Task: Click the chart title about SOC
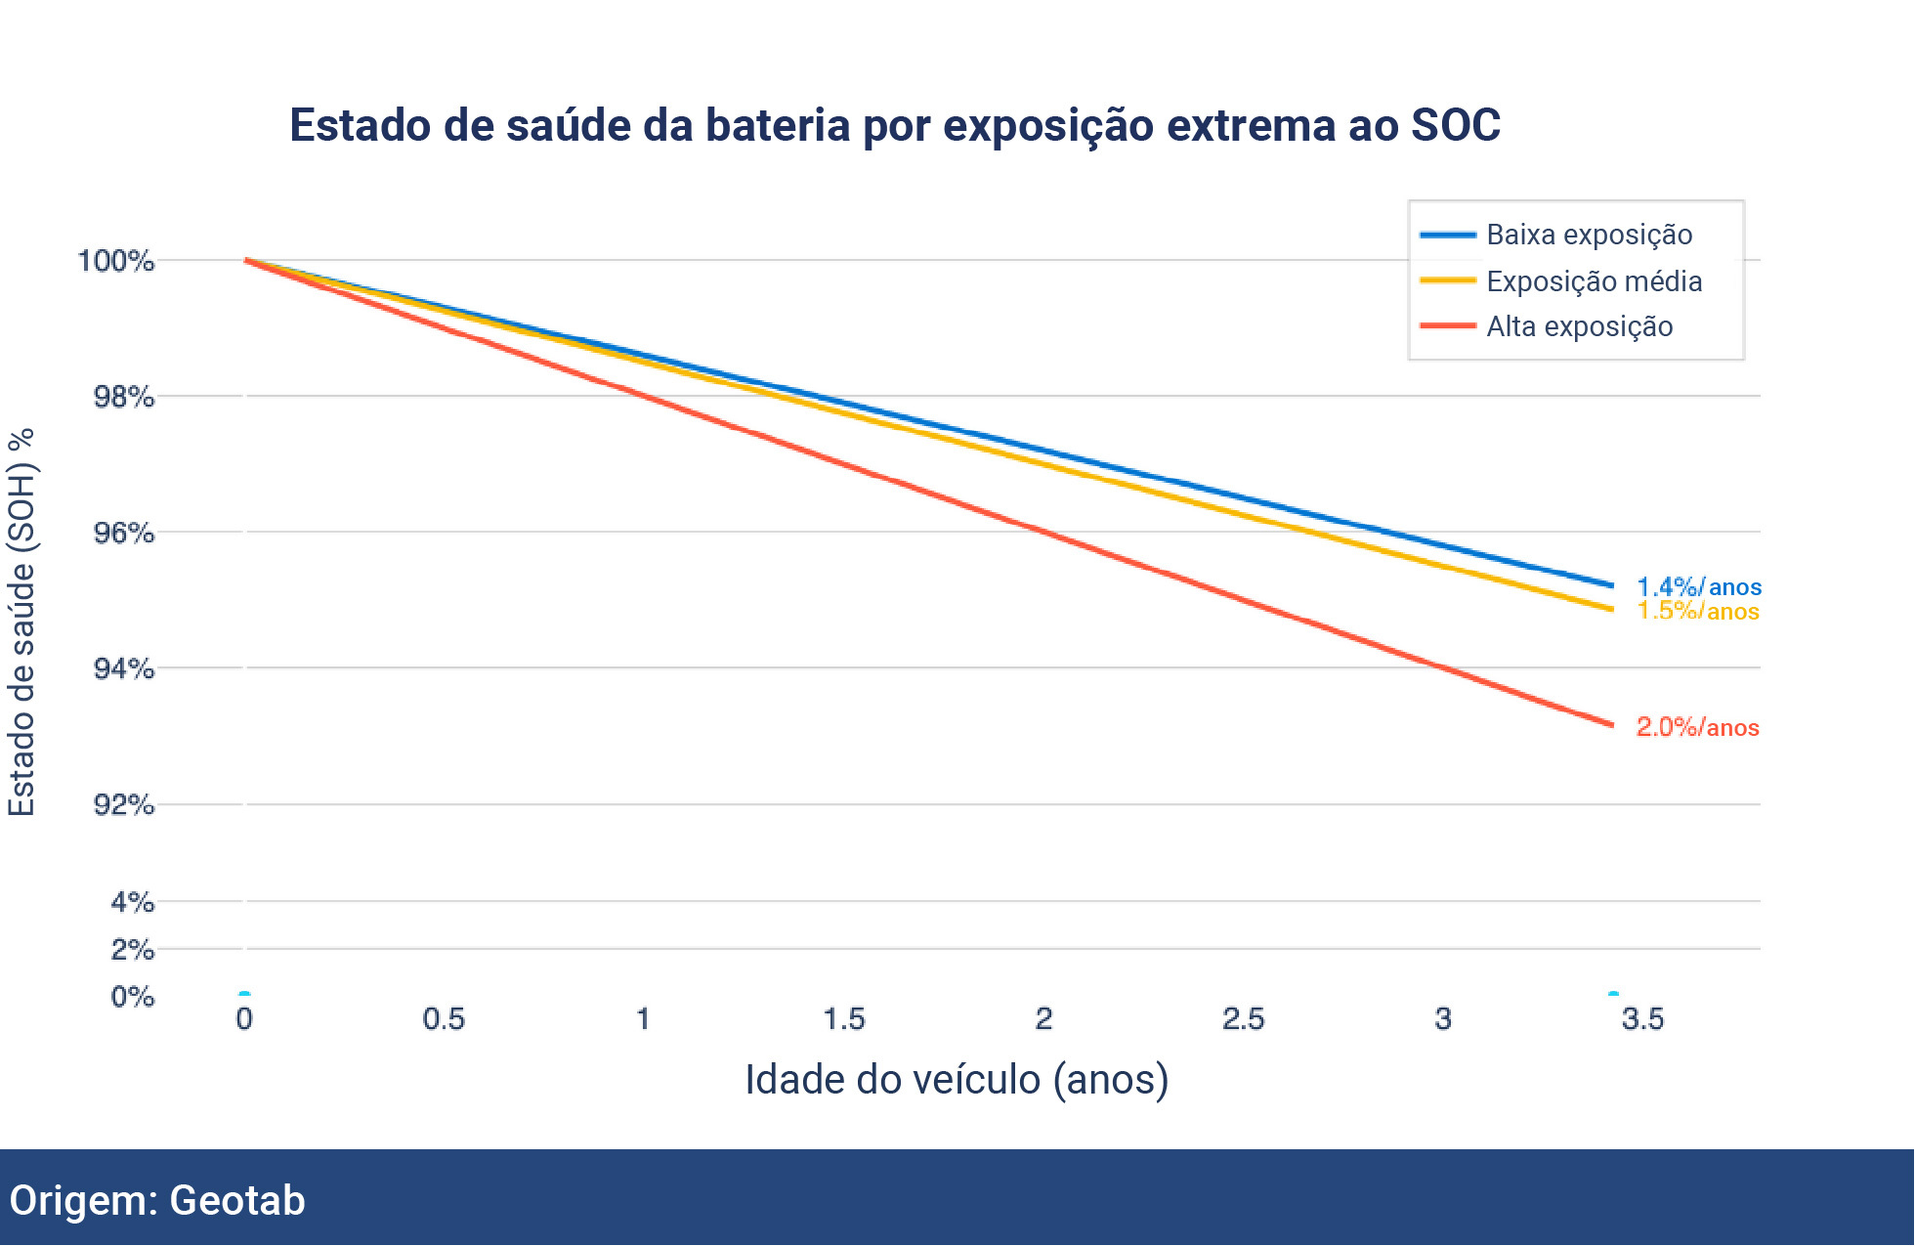click(x=894, y=126)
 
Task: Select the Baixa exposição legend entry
click(x=1589, y=235)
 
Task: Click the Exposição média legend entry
click(x=1594, y=281)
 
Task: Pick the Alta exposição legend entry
click(x=1579, y=326)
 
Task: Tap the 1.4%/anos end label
click(x=1698, y=586)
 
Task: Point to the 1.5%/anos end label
click(x=1698, y=611)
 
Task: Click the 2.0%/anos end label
click(x=1698, y=727)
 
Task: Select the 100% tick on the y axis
click(x=116, y=261)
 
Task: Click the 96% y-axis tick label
click(x=123, y=533)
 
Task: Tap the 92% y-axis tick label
click(x=123, y=804)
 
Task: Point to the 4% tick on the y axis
click(x=132, y=901)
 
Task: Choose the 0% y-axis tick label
click(x=132, y=997)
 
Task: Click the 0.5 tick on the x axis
click(x=444, y=1019)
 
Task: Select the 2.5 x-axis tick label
click(x=1243, y=1019)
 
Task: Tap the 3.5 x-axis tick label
click(x=1641, y=1019)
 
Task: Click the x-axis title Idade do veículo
click(x=957, y=1080)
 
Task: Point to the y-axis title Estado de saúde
click(x=21, y=622)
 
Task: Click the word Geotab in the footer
click(x=237, y=1200)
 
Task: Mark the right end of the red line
click(x=1611, y=724)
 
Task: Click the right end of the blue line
click(x=1611, y=585)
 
